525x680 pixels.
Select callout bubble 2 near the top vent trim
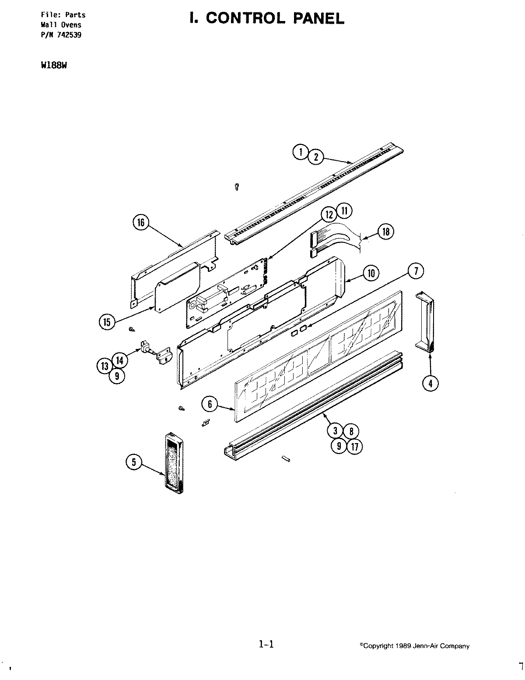[316, 157]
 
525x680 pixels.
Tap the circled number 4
[430, 383]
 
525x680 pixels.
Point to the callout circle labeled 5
[134, 462]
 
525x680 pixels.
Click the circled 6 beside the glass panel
[210, 404]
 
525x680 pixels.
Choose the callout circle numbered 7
[416, 271]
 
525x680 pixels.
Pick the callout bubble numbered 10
[371, 274]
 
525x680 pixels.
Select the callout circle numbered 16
[141, 222]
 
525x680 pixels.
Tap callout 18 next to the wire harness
[385, 231]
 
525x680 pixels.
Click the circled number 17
[354, 447]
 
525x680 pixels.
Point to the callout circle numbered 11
[344, 211]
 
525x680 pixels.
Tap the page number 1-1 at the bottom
[266, 644]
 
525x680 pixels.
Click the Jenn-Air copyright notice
[414, 646]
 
